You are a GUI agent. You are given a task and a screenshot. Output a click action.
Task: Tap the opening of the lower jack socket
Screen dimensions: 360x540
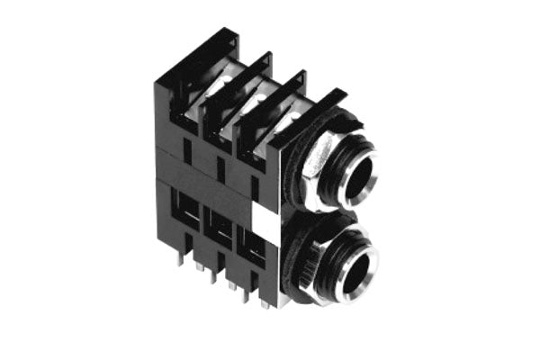coord(356,269)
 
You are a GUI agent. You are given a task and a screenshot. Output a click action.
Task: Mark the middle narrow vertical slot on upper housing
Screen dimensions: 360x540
coord(220,169)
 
